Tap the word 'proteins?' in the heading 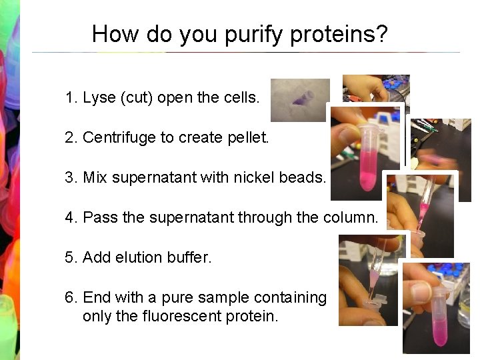342,35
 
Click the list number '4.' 71,218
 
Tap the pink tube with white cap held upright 367,157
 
